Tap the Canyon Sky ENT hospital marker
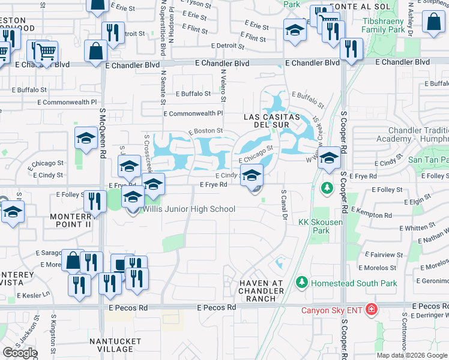coord(372,310)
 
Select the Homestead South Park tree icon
coord(301,281)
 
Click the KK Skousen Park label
coord(315,226)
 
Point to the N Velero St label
coord(222,84)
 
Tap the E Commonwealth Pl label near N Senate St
coord(193,113)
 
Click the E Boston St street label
coord(206,131)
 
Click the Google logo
coord(20,353)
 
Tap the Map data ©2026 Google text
coord(412,355)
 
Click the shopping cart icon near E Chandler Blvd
coord(46,52)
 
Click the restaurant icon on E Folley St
coord(95,202)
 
